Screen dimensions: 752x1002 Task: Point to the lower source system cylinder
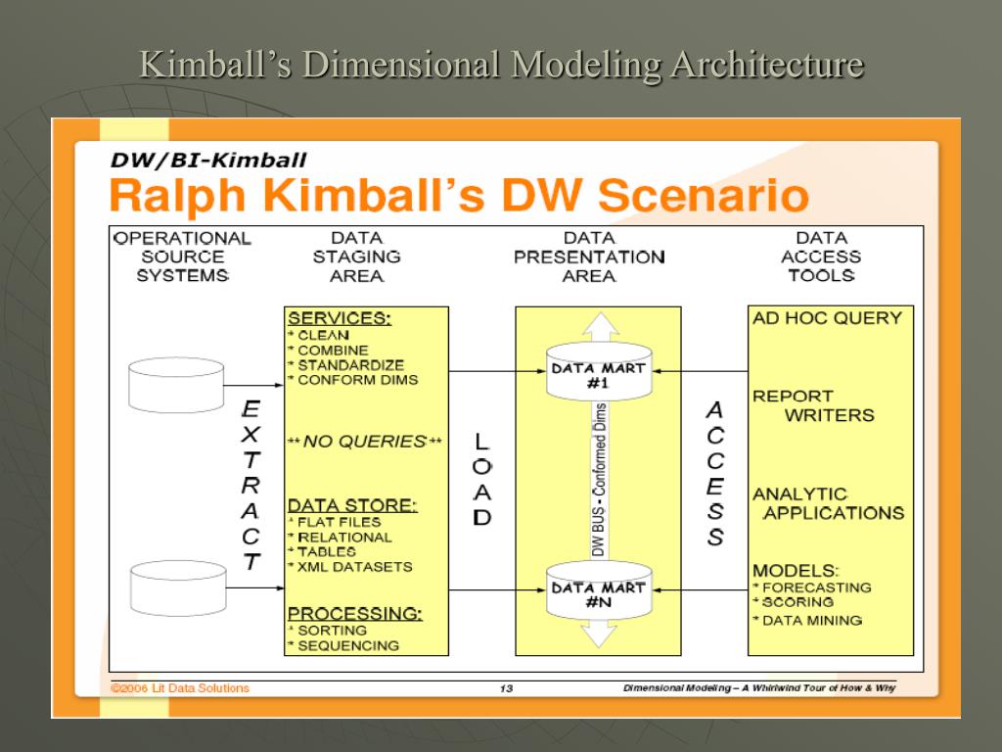(176, 583)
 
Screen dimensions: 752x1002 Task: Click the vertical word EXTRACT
(251, 486)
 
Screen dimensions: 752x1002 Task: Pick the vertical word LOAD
(481, 480)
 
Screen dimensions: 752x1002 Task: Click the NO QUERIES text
(365, 442)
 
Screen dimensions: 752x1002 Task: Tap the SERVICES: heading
(339, 318)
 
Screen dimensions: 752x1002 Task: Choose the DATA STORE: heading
(352, 505)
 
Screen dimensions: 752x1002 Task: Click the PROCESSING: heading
(354, 614)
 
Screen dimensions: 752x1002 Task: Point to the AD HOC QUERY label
(827, 318)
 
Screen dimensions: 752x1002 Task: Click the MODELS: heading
(796, 570)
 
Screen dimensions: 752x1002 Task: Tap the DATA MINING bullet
(810, 620)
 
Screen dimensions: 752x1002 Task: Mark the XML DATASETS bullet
(354, 567)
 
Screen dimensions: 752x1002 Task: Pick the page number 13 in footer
(506, 688)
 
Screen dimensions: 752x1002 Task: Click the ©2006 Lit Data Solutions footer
(179, 688)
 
